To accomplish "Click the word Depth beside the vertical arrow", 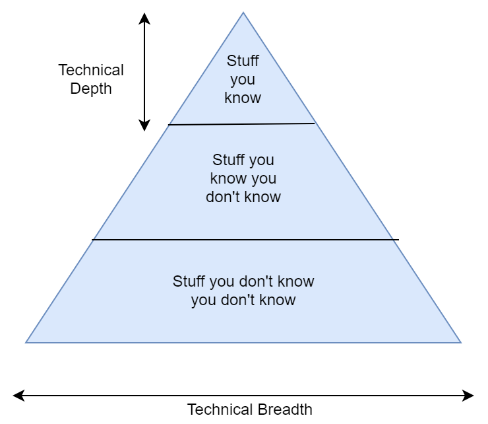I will pos(91,88).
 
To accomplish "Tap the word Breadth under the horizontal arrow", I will pos(280,409).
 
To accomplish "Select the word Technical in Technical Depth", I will pos(91,70).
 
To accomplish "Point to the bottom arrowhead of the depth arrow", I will pos(144,126).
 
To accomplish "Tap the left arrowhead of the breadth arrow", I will pos(17,396).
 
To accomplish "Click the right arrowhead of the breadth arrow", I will pos(470,396).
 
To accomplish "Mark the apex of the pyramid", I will pos(243,13).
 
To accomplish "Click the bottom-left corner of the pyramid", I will pos(26,342).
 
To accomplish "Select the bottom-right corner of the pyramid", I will pos(460,342).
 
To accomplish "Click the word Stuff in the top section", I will pos(243,61).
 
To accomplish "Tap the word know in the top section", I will pos(243,98).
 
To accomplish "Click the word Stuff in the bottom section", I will pos(189,281).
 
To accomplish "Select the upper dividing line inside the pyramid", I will pos(241,124).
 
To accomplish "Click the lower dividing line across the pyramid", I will pos(245,240).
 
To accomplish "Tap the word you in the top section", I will pos(243,79).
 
